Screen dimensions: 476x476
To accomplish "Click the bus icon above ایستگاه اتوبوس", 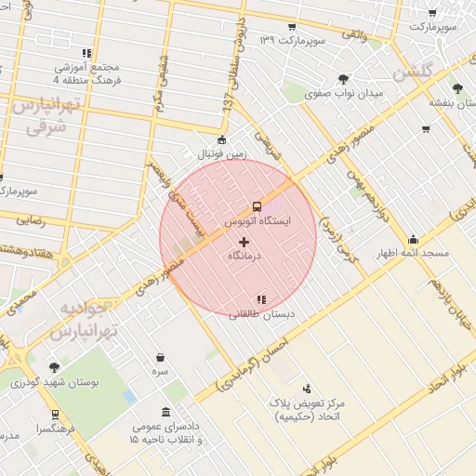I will pos(257,206).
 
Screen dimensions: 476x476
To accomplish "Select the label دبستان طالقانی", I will pos(267,315).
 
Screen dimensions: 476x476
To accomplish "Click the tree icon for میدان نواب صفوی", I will pos(344,79).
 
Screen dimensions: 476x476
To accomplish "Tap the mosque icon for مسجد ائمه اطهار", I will pos(413,239).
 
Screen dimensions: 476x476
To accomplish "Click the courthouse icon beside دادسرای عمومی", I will pos(165,412).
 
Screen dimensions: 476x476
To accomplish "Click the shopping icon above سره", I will pos(161,357).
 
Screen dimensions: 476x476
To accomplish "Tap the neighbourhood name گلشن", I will pos(415,72).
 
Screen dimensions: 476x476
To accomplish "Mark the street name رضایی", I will pos(26,222).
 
